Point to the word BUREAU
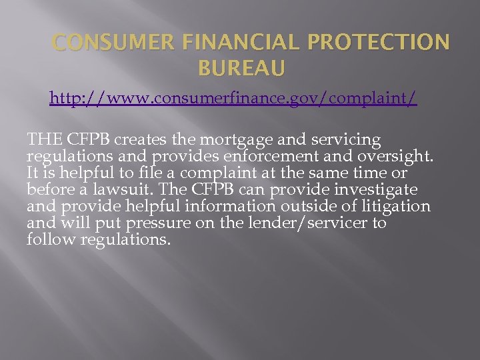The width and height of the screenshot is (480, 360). tap(241, 67)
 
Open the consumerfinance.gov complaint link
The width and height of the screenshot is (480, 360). tap(233, 99)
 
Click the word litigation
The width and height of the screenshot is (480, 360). tap(393, 207)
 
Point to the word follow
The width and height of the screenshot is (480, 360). tap(51, 239)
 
